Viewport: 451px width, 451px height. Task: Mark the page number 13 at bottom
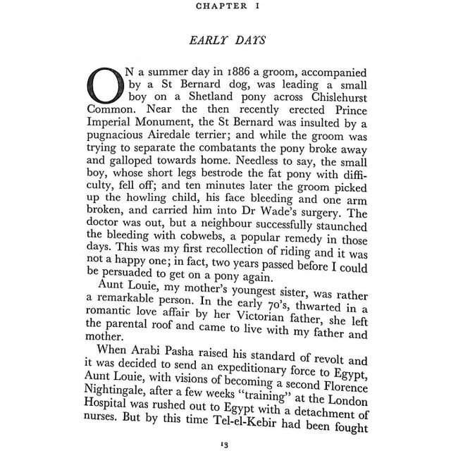point(225,444)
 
